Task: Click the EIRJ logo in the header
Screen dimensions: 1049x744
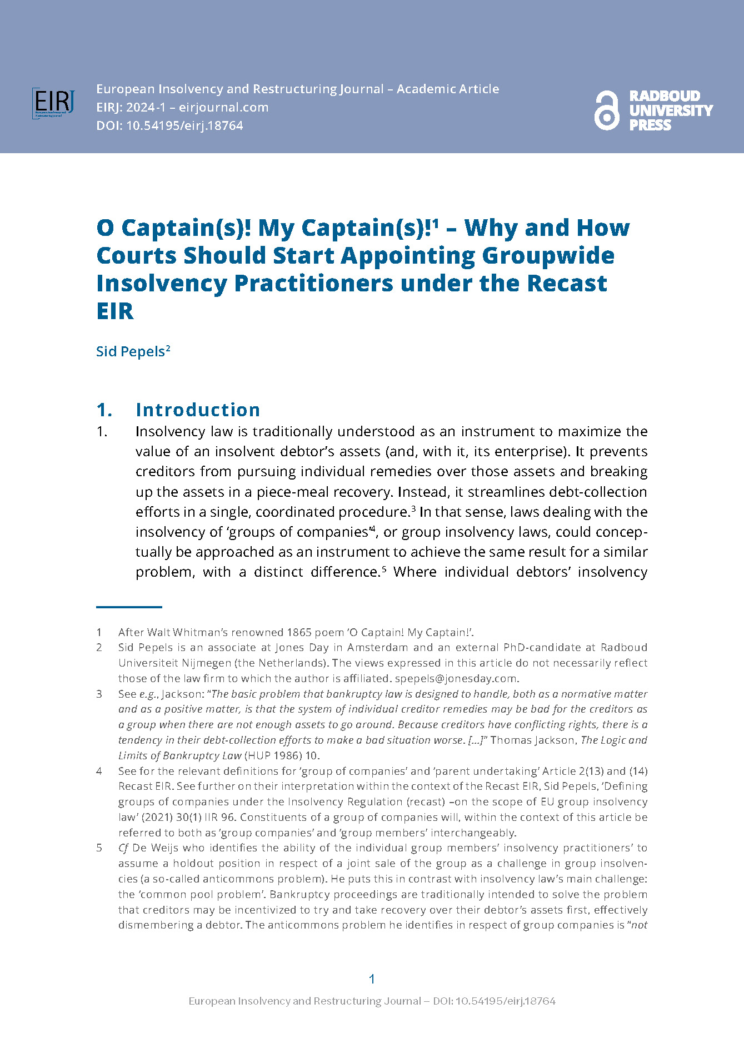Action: [53, 103]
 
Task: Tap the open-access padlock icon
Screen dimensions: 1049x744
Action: [606, 111]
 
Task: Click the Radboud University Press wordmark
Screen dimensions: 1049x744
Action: [670, 111]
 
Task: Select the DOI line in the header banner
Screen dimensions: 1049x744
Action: [169, 126]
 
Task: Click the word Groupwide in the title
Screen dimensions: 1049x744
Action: [548, 255]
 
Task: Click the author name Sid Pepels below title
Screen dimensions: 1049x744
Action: [131, 352]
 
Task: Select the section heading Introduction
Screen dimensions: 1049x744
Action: [198, 410]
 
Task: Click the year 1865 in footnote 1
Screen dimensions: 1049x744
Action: [299, 632]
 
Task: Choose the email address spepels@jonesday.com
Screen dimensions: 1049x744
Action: [456, 678]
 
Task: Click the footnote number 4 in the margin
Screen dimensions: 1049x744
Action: [99, 771]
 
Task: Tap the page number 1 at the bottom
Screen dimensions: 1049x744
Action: [372, 979]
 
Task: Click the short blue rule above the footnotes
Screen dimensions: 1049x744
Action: [129, 607]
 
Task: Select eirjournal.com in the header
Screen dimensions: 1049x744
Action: [223, 108]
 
